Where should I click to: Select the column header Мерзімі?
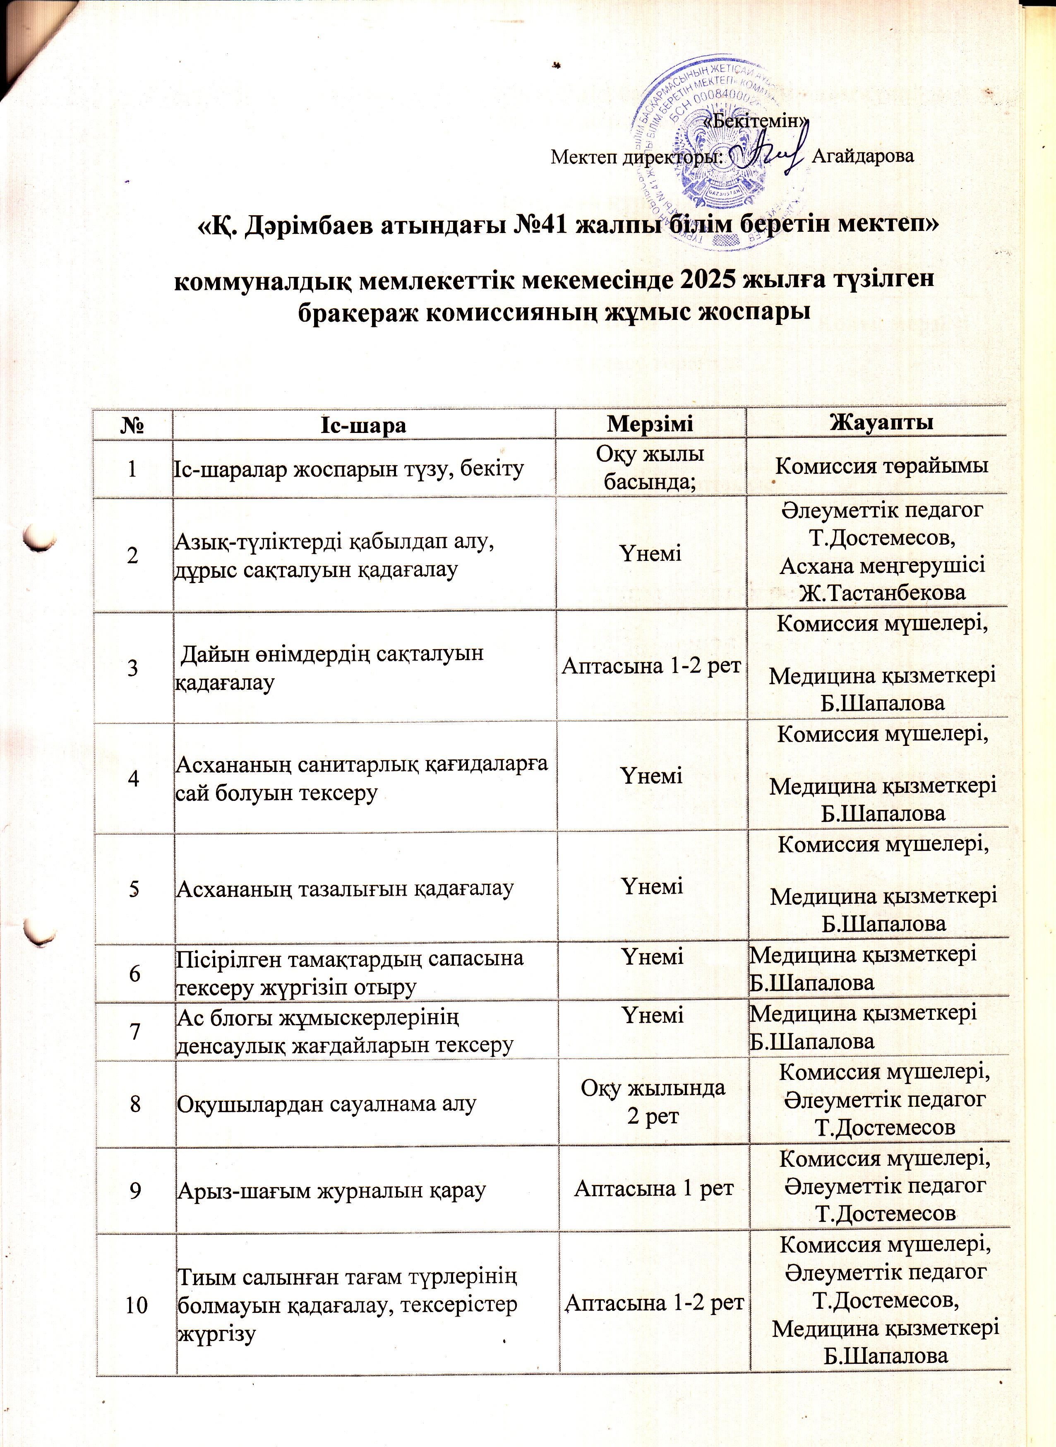click(x=651, y=424)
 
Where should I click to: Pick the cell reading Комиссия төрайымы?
click(x=881, y=466)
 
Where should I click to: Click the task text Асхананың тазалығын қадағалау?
click(x=345, y=889)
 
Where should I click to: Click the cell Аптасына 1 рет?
click(x=653, y=1188)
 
